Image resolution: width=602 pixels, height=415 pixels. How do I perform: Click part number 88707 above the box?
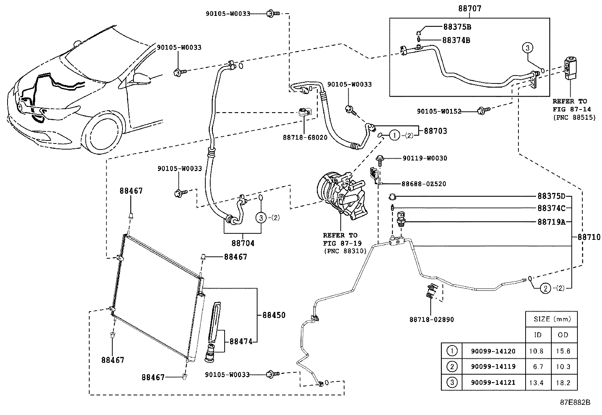point(469,8)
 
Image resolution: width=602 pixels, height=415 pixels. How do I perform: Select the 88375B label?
point(457,27)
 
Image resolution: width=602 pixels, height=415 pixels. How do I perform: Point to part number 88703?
point(435,131)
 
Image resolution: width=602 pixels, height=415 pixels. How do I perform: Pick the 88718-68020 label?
point(305,138)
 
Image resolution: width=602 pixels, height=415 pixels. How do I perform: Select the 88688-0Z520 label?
point(424,184)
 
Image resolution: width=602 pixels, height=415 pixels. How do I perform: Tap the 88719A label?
point(551,222)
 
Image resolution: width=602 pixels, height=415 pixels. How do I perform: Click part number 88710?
point(589,238)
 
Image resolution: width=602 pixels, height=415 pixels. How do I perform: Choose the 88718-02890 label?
point(431,319)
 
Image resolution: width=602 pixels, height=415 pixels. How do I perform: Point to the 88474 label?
point(241,341)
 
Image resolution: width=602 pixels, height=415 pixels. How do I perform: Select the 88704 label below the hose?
point(243,243)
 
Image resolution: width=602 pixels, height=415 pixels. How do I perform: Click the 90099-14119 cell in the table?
point(493,367)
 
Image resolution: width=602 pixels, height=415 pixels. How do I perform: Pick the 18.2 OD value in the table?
point(563,383)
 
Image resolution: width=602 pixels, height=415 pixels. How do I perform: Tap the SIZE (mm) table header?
point(552,319)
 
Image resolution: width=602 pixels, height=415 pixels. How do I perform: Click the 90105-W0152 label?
point(439,111)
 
